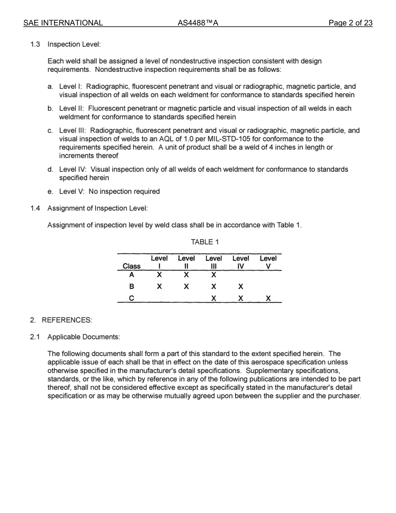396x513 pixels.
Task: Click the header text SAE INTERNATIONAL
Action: [63, 23]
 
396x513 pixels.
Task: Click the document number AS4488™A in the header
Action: [198, 23]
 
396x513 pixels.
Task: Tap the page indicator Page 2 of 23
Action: [350, 23]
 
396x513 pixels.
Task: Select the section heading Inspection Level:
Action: [74, 44]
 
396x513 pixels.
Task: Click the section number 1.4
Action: [35, 208]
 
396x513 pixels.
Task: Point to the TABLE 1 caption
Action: [205, 242]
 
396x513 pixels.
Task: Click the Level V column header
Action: [268, 262]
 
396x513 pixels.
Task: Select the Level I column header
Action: [159, 262]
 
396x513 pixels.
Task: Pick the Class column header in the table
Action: [132, 266]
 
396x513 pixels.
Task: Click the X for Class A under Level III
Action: [213, 275]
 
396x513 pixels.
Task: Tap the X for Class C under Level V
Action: [268, 299]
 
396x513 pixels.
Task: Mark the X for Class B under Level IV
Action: [241, 287]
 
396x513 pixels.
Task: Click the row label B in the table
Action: [132, 287]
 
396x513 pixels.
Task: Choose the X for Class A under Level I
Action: [159, 275]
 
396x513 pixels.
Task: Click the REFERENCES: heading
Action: [67, 320]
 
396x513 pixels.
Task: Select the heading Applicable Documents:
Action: [83, 337]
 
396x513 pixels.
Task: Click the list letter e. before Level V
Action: [50, 191]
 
